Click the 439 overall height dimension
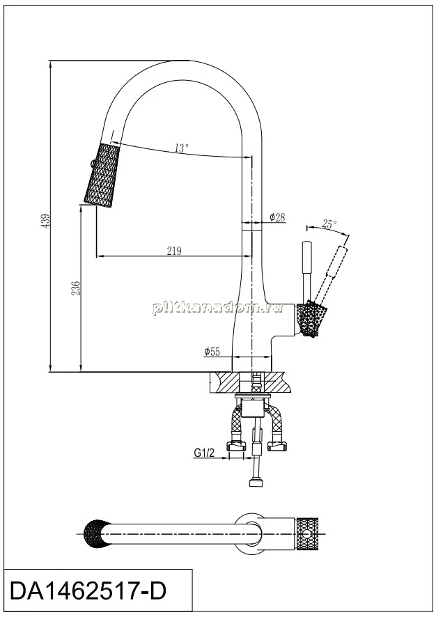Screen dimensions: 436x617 click(x=47, y=221)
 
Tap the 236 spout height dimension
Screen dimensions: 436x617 click(x=77, y=288)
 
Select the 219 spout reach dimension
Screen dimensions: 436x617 click(x=173, y=251)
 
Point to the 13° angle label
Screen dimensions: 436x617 click(x=181, y=148)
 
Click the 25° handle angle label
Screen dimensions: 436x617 click(x=329, y=224)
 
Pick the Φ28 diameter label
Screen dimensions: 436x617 click(x=277, y=217)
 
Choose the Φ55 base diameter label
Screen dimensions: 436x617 click(x=212, y=352)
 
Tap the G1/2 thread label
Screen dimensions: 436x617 click(x=204, y=453)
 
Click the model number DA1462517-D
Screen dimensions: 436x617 click(x=88, y=591)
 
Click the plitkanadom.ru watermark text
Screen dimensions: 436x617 click(x=217, y=308)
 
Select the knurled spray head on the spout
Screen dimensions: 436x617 click(x=101, y=174)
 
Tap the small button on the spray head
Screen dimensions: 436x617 click(x=91, y=163)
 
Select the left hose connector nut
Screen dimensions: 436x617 click(x=236, y=446)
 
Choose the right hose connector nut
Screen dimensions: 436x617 click(x=278, y=446)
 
